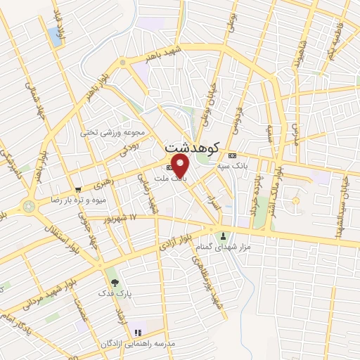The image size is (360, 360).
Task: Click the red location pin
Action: pos(181,166)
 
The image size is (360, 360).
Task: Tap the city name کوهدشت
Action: pos(191,148)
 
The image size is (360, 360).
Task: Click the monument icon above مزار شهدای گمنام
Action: pos(224,236)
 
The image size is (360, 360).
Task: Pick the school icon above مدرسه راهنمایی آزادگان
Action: pos(138,331)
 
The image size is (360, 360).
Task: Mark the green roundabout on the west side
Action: pos(29,206)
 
